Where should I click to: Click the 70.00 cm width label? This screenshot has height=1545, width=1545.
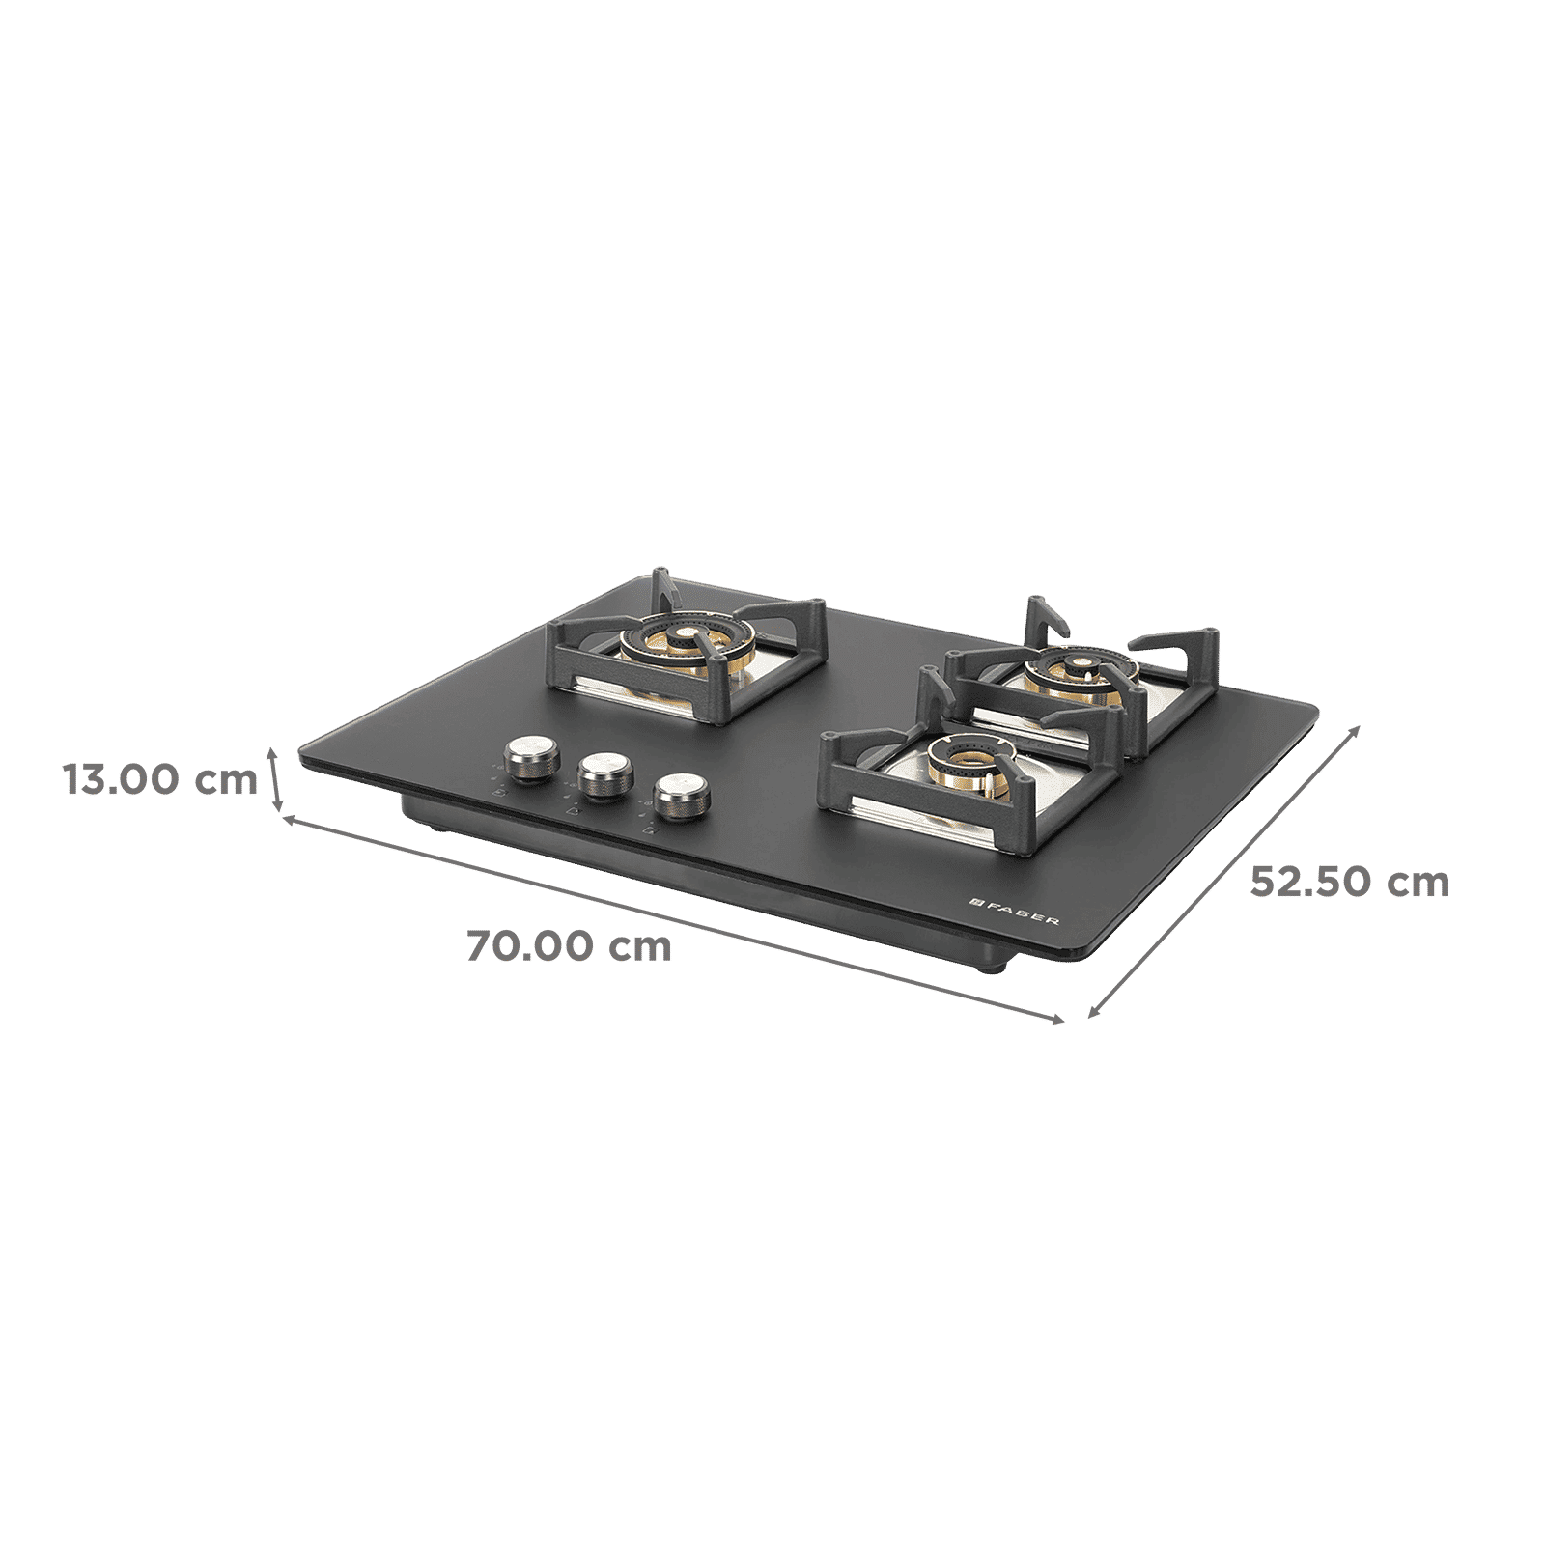[x=570, y=947]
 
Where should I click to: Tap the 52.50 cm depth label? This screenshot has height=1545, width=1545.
[x=1350, y=882]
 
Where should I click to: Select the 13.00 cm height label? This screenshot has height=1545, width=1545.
[x=160, y=778]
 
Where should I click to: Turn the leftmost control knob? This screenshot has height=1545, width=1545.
[x=523, y=756]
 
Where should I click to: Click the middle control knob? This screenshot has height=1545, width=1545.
[x=600, y=773]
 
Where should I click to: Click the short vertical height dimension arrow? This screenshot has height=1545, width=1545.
[x=276, y=778]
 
